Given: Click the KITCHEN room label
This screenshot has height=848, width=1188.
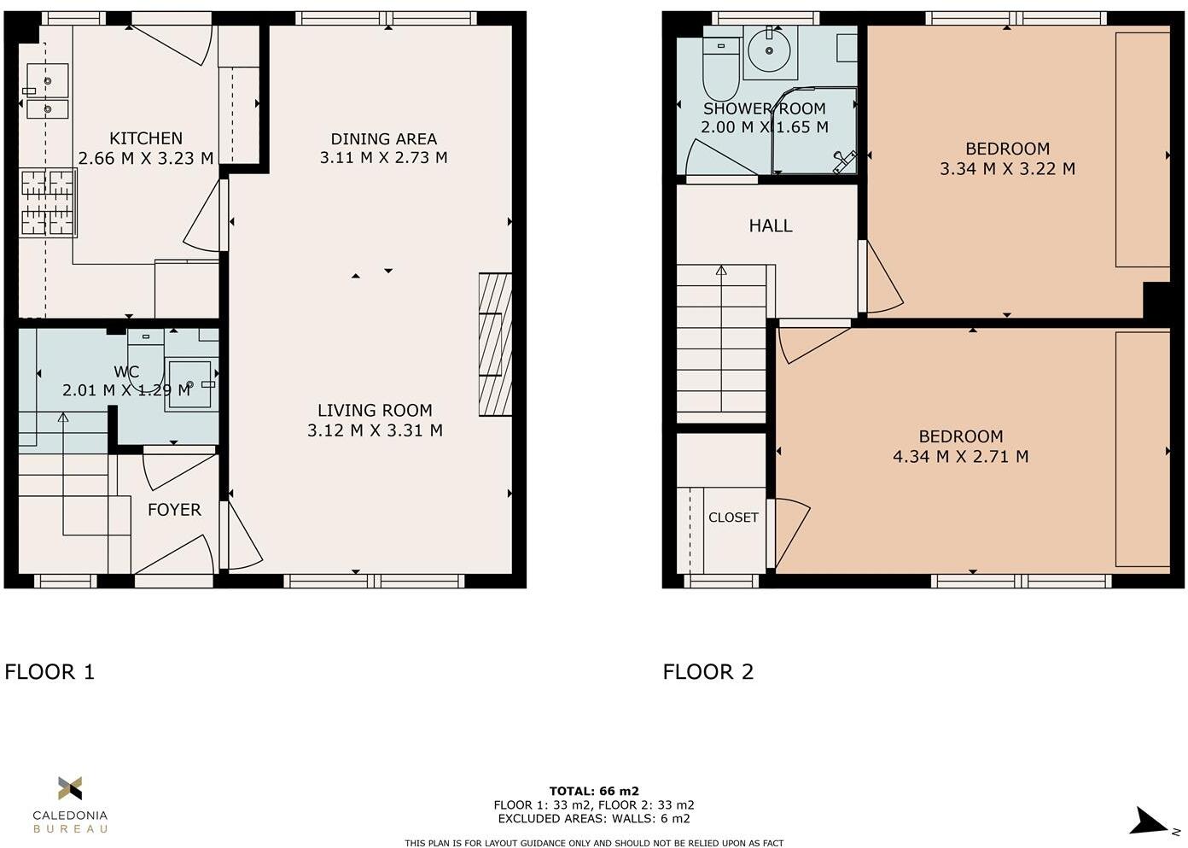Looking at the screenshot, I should click(x=146, y=138).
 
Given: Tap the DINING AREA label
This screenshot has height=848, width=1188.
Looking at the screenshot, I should click(x=383, y=138).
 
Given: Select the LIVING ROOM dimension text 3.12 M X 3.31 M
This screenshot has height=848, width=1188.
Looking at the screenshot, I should click(x=375, y=430).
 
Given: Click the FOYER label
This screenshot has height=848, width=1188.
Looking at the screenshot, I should click(x=174, y=510).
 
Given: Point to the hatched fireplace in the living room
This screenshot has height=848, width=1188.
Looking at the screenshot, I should click(x=495, y=344).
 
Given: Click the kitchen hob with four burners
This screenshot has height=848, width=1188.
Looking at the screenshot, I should click(x=48, y=203).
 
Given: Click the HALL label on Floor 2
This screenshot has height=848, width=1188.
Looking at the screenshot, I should click(x=771, y=226).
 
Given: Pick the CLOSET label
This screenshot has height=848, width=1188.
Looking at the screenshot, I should click(x=733, y=518).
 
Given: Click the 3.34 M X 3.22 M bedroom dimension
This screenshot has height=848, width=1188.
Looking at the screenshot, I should click(x=1007, y=169).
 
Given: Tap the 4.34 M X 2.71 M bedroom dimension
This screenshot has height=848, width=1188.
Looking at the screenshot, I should click(x=960, y=457).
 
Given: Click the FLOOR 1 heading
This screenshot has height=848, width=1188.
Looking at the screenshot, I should click(x=49, y=672).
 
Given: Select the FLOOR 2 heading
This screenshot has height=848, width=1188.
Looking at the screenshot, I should click(x=708, y=672).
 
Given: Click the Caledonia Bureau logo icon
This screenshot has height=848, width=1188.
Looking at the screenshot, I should click(x=70, y=788).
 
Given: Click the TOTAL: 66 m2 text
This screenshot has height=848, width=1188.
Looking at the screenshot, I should click(x=594, y=791).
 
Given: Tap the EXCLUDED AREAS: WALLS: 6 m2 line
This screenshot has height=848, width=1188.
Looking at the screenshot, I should click(x=594, y=818).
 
